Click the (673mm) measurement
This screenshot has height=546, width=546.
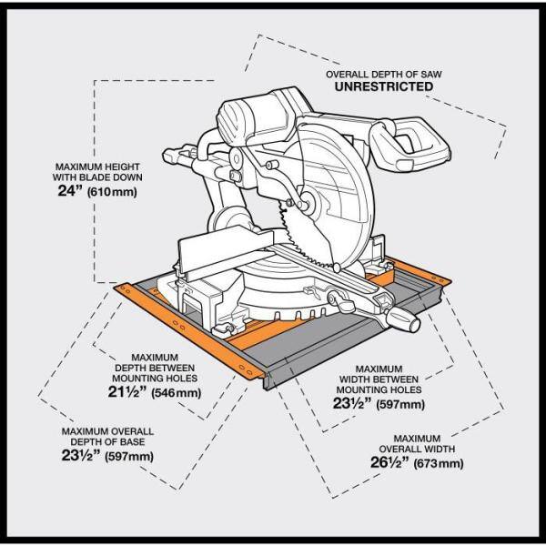click(438, 463)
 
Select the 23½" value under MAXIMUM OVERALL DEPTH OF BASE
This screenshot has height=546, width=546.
click(81, 456)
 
